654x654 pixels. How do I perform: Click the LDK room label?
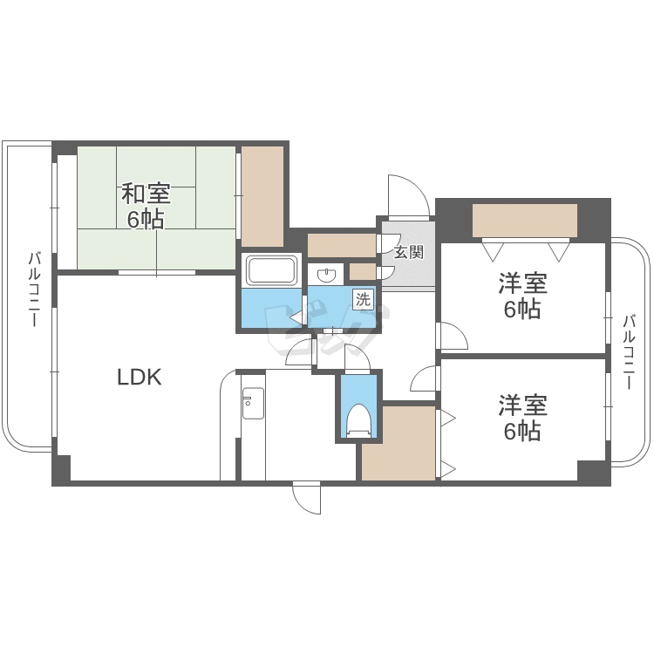(140, 377)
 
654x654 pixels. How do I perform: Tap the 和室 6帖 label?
(146, 206)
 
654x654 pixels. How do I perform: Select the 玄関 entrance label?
(408, 254)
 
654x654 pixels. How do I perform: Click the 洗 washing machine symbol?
(362, 299)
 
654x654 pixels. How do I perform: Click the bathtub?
(272, 270)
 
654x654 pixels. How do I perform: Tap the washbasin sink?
(327, 276)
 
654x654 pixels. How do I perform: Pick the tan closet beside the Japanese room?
(262, 195)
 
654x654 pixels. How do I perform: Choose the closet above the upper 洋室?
(524, 220)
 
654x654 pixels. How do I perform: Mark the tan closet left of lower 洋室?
(399, 443)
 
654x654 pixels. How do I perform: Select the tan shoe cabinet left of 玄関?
(341, 246)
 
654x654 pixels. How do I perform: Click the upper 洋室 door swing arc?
(450, 336)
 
